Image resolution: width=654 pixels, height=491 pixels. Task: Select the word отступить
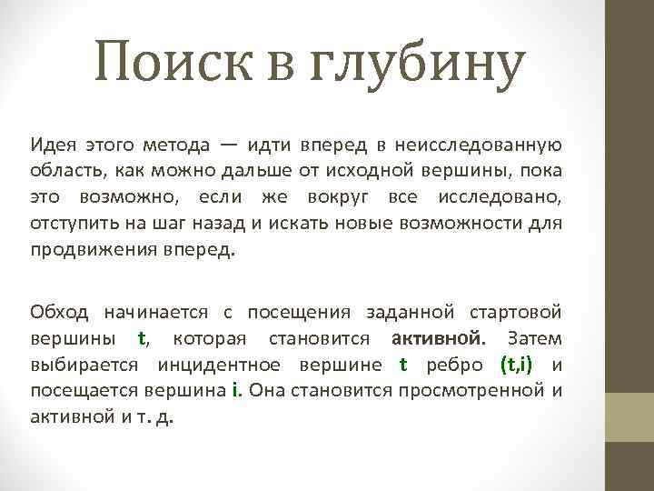[x=69, y=224]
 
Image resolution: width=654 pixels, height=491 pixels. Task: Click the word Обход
[x=59, y=313]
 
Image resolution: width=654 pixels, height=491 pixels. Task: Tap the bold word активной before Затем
[x=437, y=339]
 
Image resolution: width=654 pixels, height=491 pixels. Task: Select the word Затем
[x=535, y=339]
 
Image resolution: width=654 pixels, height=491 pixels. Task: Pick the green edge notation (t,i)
[x=517, y=366]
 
